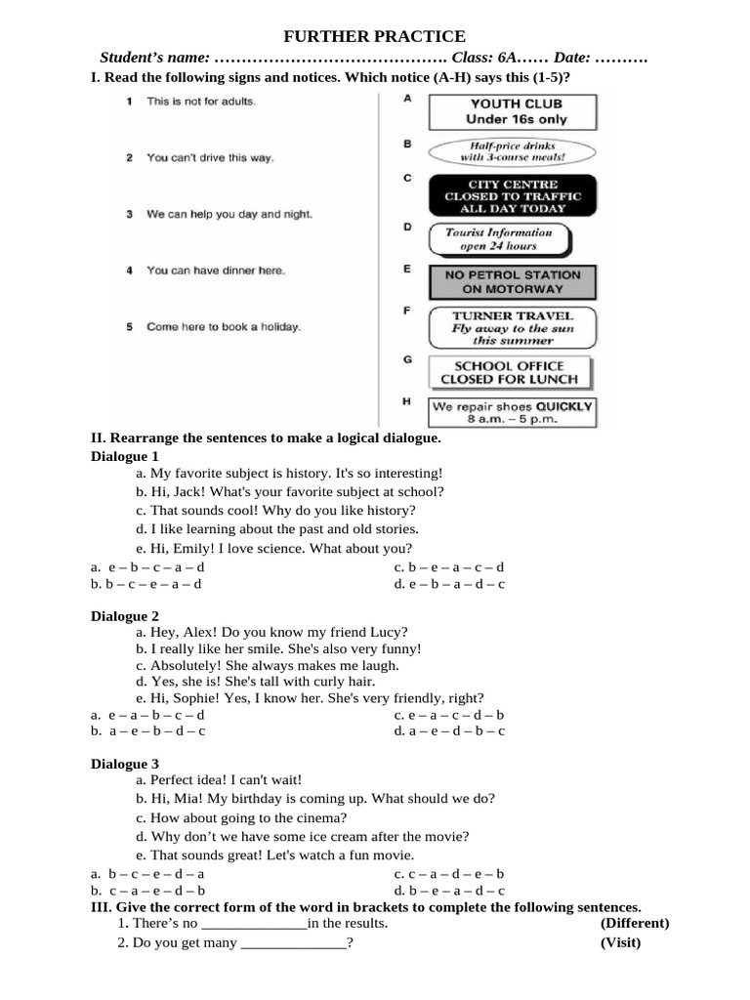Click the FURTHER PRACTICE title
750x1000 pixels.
click(x=375, y=37)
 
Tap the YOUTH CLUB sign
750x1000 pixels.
click(x=517, y=111)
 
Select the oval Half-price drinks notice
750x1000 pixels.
click(x=513, y=150)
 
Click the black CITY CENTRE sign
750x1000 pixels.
click(x=513, y=196)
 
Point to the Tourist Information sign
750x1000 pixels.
click(x=499, y=239)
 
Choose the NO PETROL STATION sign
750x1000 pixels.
click(x=513, y=282)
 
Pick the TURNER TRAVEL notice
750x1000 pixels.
click(x=513, y=328)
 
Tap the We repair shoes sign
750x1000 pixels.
click(x=513, y=411)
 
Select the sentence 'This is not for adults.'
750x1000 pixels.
click(x=201, y=101)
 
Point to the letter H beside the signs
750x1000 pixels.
click(x=406, y=401)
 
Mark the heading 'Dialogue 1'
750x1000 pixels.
click(x=125, y=456)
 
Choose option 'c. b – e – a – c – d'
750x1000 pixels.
click(x=449, y=567)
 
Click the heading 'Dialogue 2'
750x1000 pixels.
click(x=125, y=616)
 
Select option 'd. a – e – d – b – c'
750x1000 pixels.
click(x=449, y=730)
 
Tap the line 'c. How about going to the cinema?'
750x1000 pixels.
click(x=241, y=818)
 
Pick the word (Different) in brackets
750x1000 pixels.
click(x=635, y=923)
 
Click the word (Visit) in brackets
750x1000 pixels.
click(x=620, y=942)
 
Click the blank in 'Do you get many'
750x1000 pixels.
click(x=293, y=943)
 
